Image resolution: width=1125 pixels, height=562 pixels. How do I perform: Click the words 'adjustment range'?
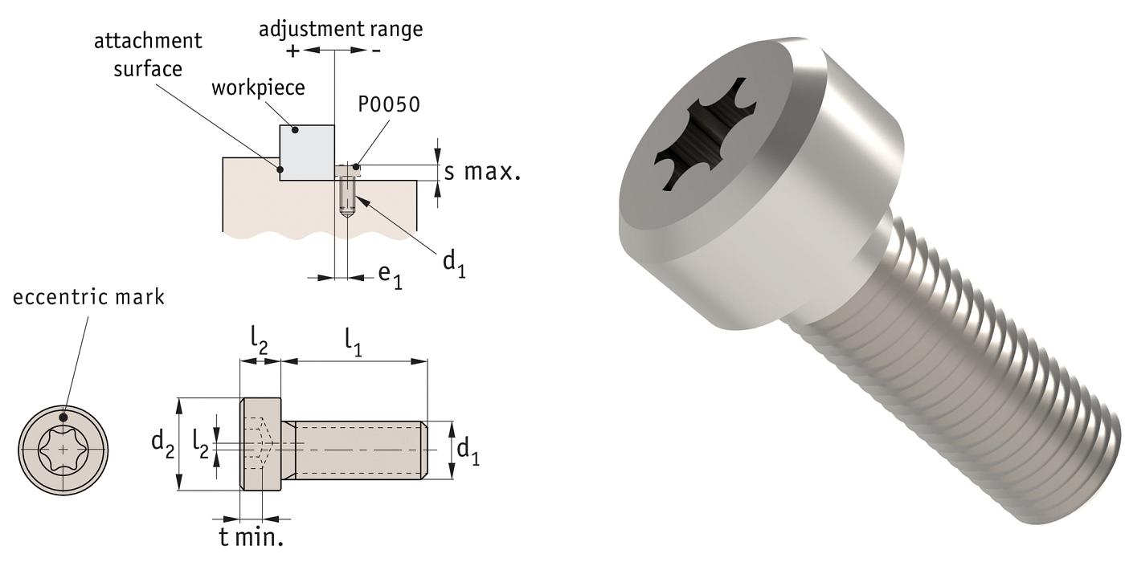[340, 30]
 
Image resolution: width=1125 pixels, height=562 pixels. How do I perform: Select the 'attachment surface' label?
[148, 54]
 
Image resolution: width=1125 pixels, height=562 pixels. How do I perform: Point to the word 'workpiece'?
[258, 88]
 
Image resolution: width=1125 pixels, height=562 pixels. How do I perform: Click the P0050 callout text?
[389, 105]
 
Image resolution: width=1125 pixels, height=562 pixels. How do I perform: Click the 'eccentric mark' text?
[88, 297]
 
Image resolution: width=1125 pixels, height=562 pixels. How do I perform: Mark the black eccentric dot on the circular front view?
[63, 417]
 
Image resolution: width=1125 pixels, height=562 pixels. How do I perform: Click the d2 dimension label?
[163, 442]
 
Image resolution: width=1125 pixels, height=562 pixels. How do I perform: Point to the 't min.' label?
[252, 536]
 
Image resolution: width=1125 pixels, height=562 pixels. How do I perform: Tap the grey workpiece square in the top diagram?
[307, 153]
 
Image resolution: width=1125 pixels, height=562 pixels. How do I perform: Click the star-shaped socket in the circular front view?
[63, 448]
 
